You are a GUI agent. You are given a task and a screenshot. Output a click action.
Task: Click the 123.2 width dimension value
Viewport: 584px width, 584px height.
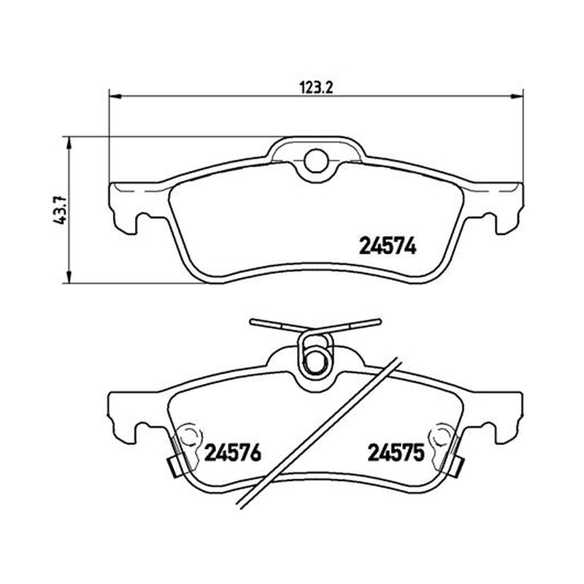316,88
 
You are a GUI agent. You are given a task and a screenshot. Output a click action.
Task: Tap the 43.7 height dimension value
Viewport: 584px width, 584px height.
60,210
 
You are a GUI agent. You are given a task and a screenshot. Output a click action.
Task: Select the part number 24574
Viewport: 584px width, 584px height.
388,246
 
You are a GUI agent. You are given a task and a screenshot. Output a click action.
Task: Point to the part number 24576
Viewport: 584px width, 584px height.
233,453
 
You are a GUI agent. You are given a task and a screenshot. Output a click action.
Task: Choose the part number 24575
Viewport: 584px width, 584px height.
396,453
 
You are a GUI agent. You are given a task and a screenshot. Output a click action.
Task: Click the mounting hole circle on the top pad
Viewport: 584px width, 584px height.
316,161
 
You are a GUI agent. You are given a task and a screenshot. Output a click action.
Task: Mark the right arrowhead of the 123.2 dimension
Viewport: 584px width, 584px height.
517,96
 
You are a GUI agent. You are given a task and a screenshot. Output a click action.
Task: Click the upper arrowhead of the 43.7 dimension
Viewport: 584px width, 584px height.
69,142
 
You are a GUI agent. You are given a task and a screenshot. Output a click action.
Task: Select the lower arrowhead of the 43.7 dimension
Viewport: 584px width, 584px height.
69,277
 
